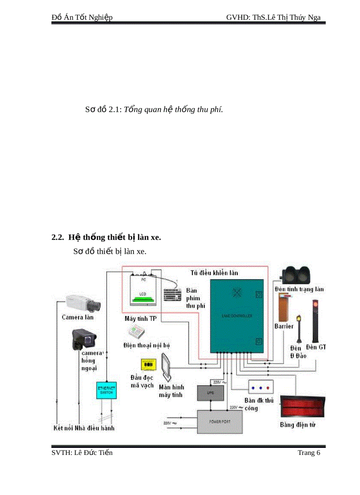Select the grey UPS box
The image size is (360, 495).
pyautogui.click(x=210, y=392)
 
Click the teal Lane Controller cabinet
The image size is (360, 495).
pyautogui.click(x=236, y=316)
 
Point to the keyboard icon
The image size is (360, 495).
pyautogui.click(x=172, y=294)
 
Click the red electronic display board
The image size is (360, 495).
pyautogui.click(x=303, y=407)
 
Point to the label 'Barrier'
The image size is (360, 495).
pyautogui.click(x=284, y=327)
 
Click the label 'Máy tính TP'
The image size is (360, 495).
pyautogui.click(x=140, y=318)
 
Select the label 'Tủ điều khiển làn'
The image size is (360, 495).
pyautogui.click(x=214, y=273)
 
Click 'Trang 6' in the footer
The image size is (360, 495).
pyautogui.click(x=309, y=453)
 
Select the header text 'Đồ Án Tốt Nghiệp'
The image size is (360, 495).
pyautogui.click(x=82, y=17)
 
